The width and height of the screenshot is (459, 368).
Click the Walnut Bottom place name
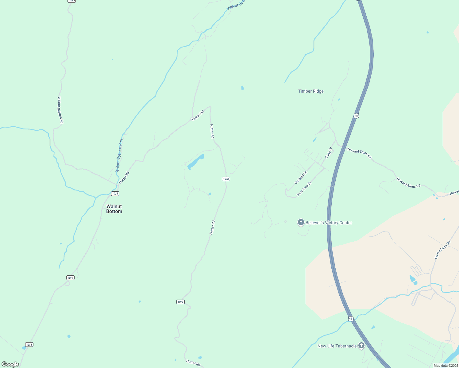114,209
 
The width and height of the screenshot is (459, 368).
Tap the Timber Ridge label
311,91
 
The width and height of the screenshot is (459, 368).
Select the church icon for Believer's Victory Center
301,222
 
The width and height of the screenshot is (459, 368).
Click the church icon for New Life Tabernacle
361,346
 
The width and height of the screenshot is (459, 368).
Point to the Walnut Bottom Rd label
60,110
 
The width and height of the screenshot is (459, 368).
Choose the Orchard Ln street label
301,178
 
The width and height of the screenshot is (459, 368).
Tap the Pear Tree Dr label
304,189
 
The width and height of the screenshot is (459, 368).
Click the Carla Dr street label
329,153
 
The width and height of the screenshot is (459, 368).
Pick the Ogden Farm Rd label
442,250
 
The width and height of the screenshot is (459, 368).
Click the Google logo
10,364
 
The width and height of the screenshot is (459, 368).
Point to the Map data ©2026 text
446,366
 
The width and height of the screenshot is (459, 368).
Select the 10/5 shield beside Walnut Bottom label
115,194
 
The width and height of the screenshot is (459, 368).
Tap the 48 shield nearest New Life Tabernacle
351,319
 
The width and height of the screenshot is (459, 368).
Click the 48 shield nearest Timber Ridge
356,116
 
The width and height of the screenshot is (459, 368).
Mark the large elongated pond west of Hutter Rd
195,162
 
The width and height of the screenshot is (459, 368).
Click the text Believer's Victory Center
329,223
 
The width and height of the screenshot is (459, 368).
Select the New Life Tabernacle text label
337,346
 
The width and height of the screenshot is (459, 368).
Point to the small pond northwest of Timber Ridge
242,88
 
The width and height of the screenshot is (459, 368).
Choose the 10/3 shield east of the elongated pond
226,179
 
